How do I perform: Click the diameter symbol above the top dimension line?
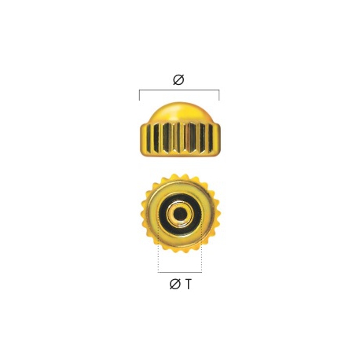(178, 79)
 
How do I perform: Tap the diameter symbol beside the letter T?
(175, 284)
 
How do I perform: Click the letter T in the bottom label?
(189, 285)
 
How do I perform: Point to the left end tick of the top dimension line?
(139, 95)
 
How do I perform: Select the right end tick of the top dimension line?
(219, 95)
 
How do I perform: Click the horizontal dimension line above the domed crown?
(179, 90)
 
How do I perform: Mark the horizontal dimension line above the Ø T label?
(180, 272)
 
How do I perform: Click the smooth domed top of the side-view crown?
(179, 112)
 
